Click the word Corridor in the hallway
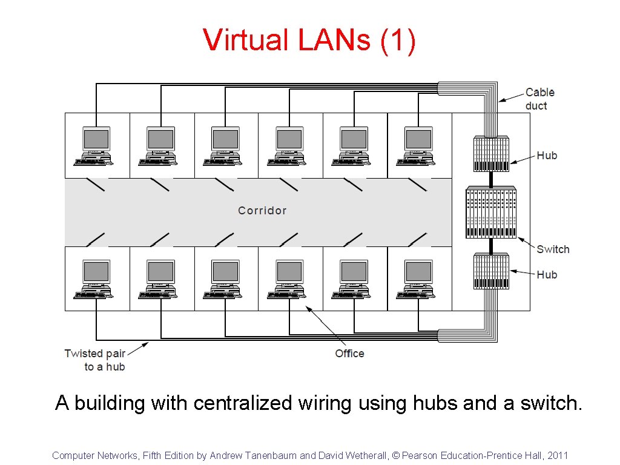point(262,211)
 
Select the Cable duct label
point(539,99)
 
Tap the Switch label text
point(553,249)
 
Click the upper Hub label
point(547,156)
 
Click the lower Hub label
point(547,275)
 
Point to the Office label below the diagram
point(349,354)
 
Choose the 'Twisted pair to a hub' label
point(94,360)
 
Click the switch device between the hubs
point(491,213)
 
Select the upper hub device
point(491,155)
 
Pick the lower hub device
point(491,271)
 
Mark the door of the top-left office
point(96,184)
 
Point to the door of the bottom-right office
point(418,240)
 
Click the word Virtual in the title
point(246,41)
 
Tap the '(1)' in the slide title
point(398,41)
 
